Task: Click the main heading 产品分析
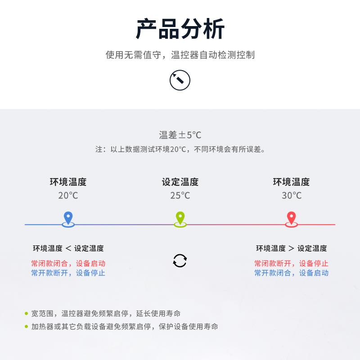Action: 180,29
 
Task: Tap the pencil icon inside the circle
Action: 178,78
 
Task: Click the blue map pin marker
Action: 68,219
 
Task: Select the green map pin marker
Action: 180,219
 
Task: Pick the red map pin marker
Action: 291,219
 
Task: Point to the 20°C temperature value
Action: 68,196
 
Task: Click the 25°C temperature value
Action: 180,196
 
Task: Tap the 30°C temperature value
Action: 292,196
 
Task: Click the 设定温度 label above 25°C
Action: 180,182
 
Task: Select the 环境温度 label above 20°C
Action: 68,182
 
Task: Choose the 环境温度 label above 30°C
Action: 291,182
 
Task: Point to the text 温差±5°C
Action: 180,135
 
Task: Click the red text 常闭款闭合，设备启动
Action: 68,263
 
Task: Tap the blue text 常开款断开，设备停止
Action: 68,273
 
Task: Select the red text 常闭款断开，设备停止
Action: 291,263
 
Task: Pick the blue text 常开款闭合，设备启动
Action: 291,273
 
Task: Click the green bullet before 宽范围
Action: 26,313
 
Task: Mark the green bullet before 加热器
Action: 26,327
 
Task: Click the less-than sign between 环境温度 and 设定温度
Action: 68,248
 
